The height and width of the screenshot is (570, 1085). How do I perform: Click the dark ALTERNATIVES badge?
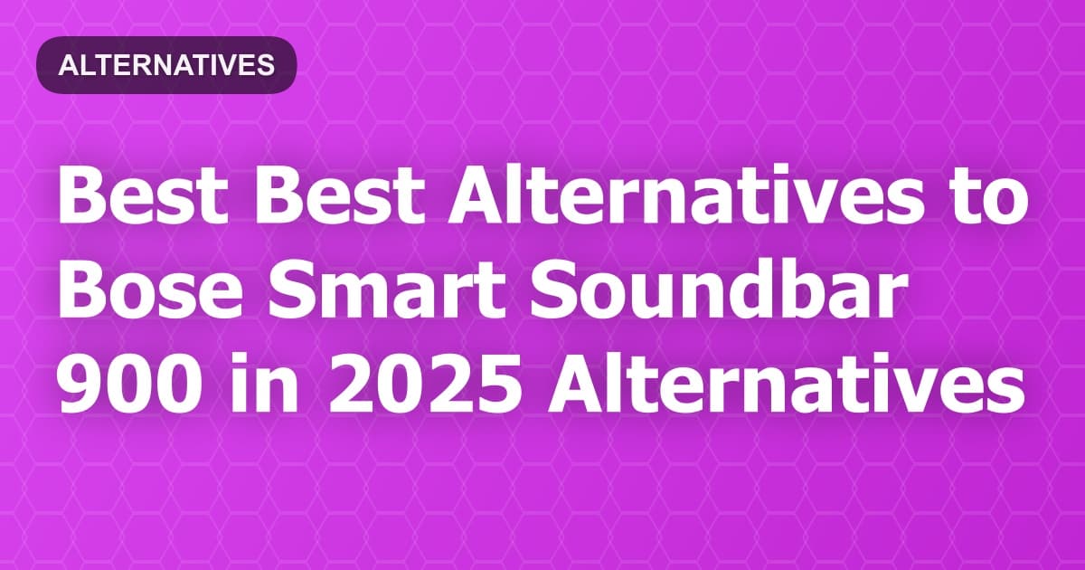[166, 64]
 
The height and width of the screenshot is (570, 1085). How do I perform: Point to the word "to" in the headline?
[992, 199]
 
